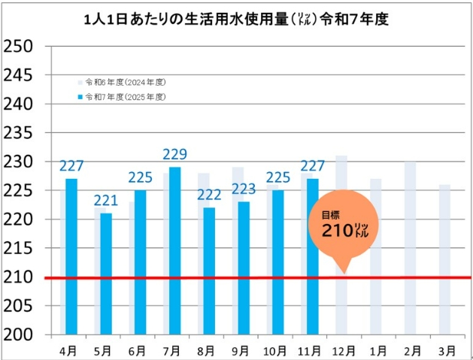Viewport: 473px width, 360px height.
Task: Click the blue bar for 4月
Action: click(x=71, y=256)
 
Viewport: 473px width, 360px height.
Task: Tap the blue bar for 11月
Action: click(x=312, y=256)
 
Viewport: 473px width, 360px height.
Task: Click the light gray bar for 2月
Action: click(x=410, y=248)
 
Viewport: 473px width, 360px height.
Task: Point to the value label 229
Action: click(x=174, y=155)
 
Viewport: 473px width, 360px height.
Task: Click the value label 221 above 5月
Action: click(x=106, y=201)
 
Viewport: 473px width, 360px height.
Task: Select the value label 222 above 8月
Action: click(x=209, y=195)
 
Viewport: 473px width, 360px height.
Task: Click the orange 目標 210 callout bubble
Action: click(x=343, y=225)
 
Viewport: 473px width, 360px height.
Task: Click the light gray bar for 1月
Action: click(x=376, y=256)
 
